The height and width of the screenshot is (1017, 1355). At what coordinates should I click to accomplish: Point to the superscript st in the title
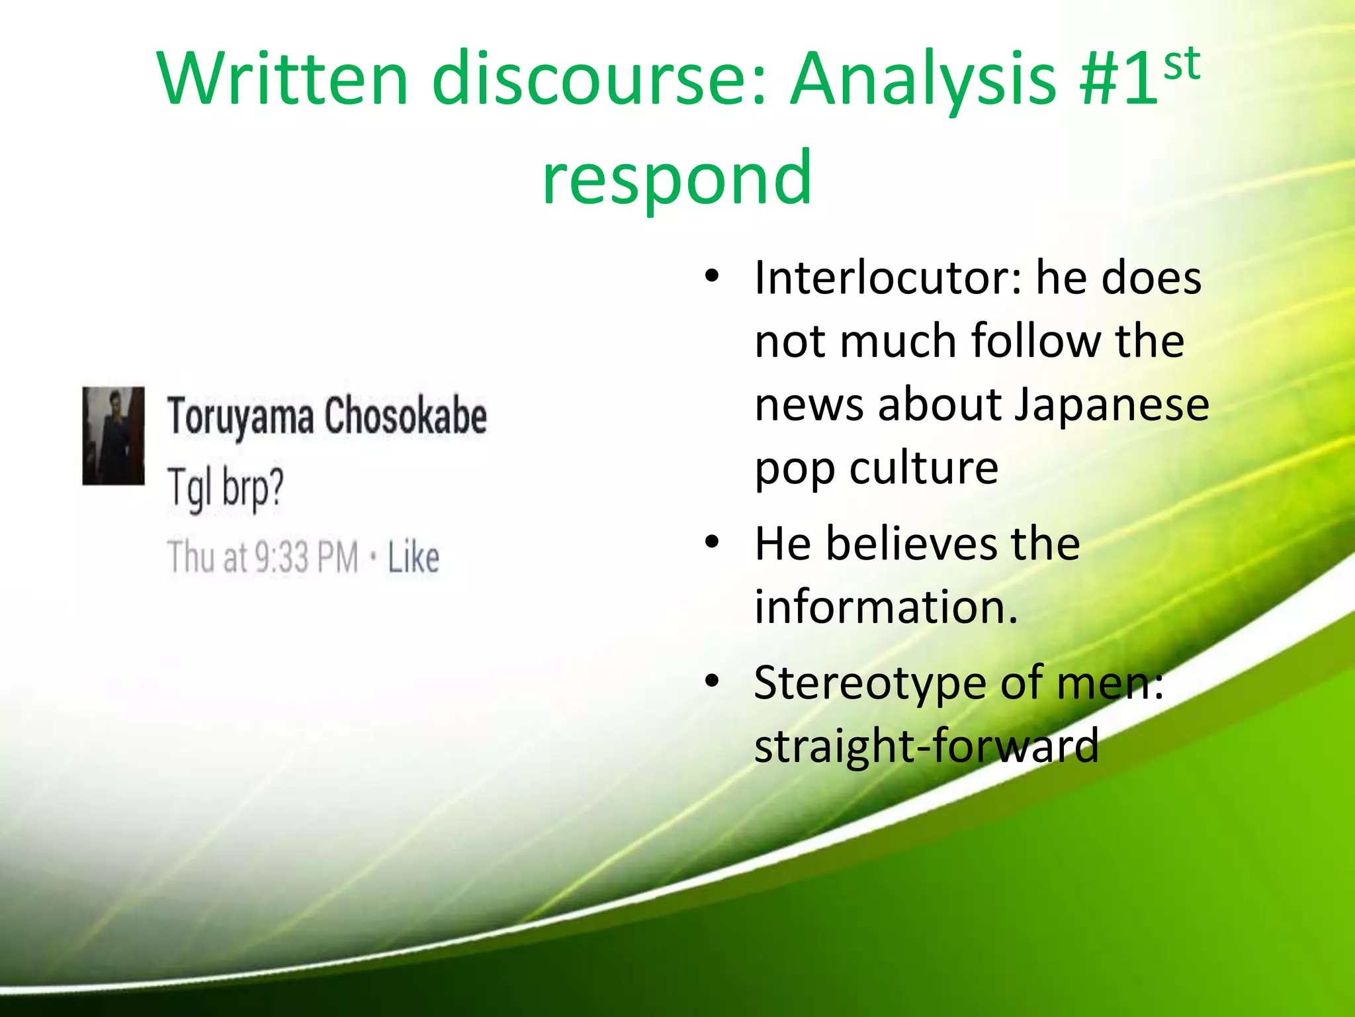[x=1182, y=64]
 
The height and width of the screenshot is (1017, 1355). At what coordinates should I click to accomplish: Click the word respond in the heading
[x=676, y=177]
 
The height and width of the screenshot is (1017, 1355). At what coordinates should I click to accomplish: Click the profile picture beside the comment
[x=113, y=436]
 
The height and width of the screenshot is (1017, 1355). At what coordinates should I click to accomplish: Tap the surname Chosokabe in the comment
[x=406, y=416]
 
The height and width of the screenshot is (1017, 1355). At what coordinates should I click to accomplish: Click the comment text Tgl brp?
[x=225, y=487]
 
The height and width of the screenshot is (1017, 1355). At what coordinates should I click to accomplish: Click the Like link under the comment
[x=413, y=557]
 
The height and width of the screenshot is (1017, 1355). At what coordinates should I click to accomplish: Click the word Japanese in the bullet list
[x=1112, y=405]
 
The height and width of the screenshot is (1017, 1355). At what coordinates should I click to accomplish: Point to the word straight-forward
[x=926, y=746]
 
